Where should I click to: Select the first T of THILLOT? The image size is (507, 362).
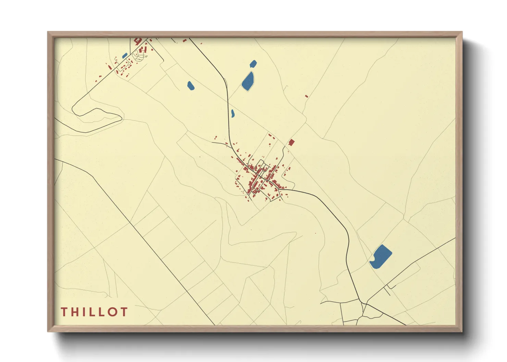pos(64,312)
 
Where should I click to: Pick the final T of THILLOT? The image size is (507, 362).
pos(124,312)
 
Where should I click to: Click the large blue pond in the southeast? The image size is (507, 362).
pos(381,257)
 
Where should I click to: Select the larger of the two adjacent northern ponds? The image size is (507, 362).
pos(248,81)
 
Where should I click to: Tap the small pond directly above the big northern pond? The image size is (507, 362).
pos(253,63)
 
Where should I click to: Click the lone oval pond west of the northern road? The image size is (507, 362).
pos(190,86)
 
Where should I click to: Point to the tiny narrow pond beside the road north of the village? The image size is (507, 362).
pos(233,113)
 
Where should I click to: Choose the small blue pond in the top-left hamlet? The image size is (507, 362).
pos(125,55)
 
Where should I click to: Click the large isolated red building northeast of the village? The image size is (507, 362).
pos(291,142)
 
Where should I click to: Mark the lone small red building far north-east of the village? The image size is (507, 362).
pos(307,96)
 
